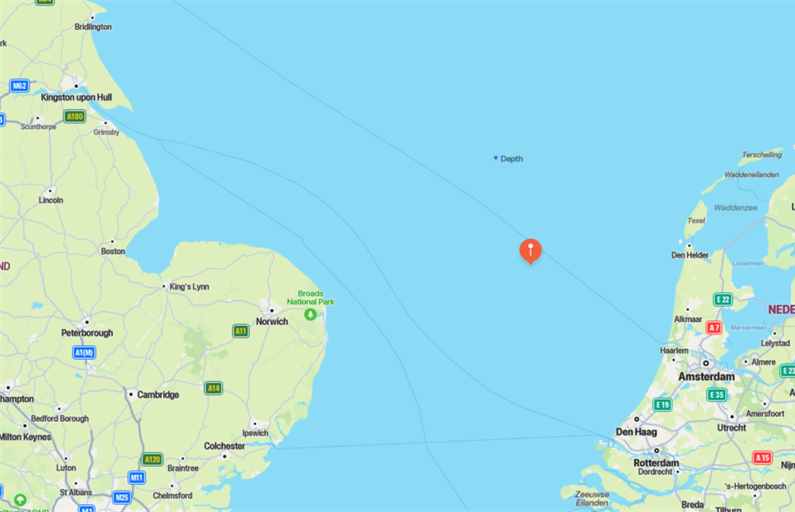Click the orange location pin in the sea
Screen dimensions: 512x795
(530, 251)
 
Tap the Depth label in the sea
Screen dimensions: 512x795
(511, 159)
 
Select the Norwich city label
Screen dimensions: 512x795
(272, 321)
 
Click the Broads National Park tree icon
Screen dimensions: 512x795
(311, 314)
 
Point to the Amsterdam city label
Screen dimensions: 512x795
(706, 376)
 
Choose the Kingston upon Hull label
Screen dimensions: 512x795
(77, 98)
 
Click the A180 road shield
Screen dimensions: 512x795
(75, 117)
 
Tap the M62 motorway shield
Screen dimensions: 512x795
(19, 85)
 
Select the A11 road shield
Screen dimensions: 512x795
(241, 331)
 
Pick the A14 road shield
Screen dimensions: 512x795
(214, 388)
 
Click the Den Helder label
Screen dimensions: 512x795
(690, 254)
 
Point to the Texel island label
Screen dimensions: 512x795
(696, 220)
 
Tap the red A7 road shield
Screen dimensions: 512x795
(713, 328)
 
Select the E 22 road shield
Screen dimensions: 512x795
(723, 299)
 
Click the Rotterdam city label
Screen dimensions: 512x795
(656, 463)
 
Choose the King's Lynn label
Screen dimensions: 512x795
(189, 287)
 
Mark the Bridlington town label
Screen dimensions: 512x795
(93, 26)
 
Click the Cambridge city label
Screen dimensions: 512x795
(158, 395)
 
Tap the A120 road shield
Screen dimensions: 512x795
(152, 458)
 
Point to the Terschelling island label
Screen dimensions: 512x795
(762, 154)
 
